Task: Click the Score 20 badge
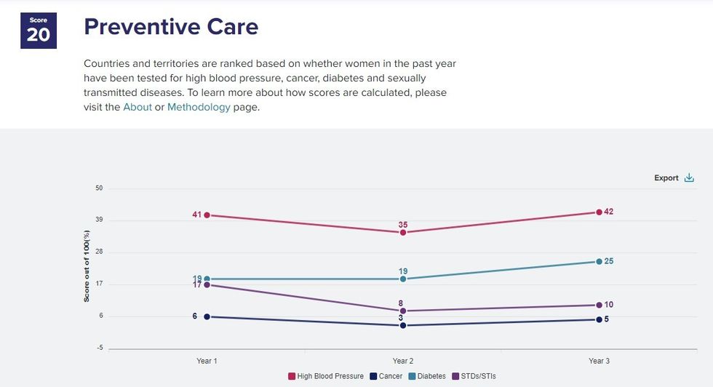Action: point(38,30)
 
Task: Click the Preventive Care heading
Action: point(171,27)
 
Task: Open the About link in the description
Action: point(138,107)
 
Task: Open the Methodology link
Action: point(199,107)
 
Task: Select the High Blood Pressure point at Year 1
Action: point(207,215)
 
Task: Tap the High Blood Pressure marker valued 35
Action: point(403,233)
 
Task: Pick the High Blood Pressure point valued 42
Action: point(599,212)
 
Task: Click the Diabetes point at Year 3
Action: point(599,262)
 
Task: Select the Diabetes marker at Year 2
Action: point(403,279)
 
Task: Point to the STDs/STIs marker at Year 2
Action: point(403,311)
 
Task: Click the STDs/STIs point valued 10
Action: point(599,306)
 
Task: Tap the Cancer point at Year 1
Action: point(207,317)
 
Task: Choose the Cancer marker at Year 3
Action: point(599,320)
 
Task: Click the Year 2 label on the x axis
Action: point(403,362)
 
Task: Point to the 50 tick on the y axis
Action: point(99,188)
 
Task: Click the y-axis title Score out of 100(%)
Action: point(86,267)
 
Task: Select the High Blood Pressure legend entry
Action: point(326,376)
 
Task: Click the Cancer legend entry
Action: point(386,376)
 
